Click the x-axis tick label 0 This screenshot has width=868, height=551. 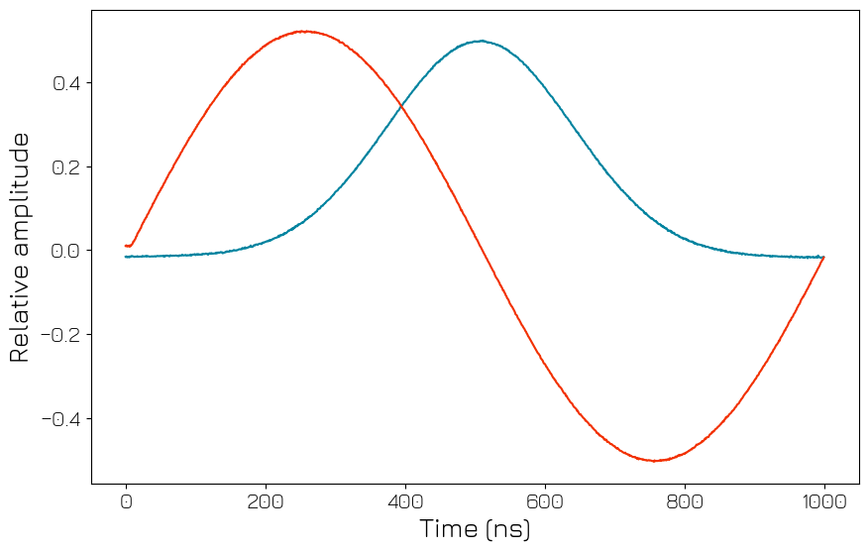pyautogui.click(x=126, y=501)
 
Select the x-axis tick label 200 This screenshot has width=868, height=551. pyautogui.click(x=266, y=501)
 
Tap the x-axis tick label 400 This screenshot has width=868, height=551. pyautogui.click(x=405, y=501)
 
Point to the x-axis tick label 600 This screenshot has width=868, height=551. pyautogui.click(x=545, y=501)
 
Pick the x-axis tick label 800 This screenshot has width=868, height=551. pyautogui.click(x=685, y=501)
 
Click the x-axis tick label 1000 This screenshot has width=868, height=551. pyautogui.click(x=824, y=501)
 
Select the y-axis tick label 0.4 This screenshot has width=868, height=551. pyautogui.click(x=66, y=82)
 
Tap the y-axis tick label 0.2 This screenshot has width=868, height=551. pyautogui.click(x=66, y=166)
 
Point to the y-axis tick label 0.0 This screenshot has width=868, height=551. pyautogui.click(x=66, y=251)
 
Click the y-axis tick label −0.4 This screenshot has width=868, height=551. pyautogui.click(x=60, y=418)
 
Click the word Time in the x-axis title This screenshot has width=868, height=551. pyautogui.click(x=449, y=528)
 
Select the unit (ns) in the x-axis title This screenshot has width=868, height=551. pyautogui.click(x=507, y=528)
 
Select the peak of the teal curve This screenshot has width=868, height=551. pyautogui.click(x=481, y=41)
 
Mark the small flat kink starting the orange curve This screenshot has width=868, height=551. pyautogui.click(x=129, y=246)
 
